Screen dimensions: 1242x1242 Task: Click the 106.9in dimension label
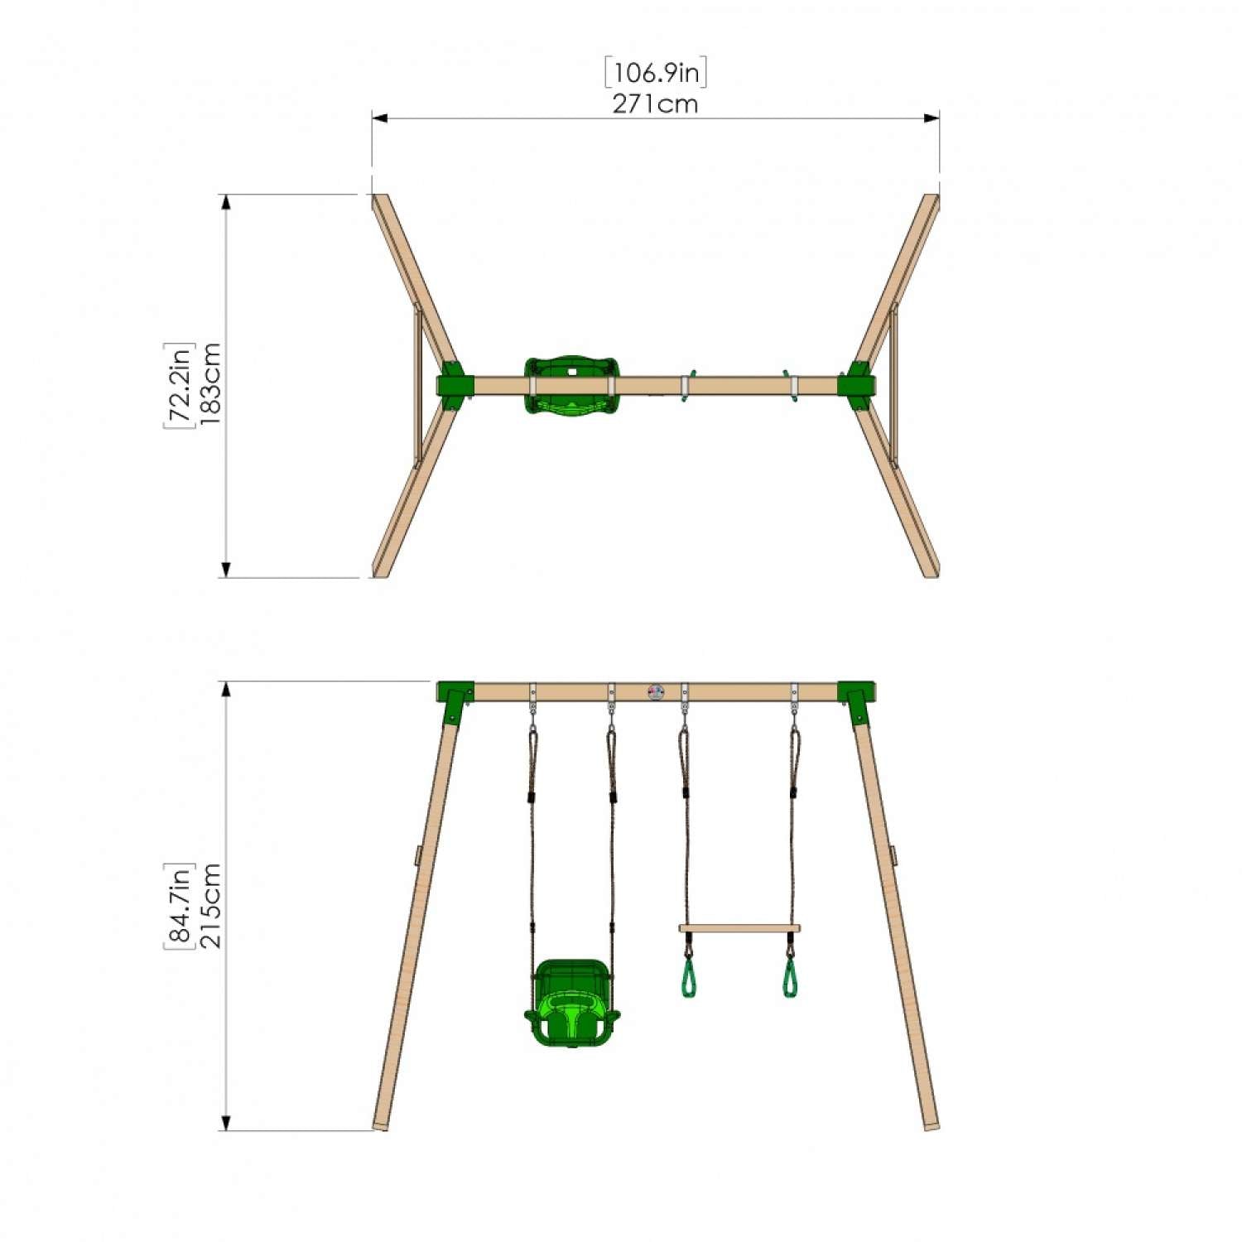pyautogui.click(x=655, y=73)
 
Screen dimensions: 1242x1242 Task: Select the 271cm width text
pyautogui.click(x=655, y=104)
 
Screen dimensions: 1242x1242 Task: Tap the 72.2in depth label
pyautogui.click(x=178, y=385)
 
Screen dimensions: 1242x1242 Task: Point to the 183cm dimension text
pyautogui.click(x=209, y=385)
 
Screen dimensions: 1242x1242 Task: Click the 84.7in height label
pyautogui.click(x=178, y=905)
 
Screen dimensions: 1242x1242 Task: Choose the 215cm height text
pyautogui.click(x=209, y=905)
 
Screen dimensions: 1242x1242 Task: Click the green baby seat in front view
pyautogui.click(x=571, y=1003)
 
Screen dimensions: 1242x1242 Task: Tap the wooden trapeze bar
pyautogui.click(x=739, y=928)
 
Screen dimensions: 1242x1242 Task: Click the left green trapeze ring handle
pyautogui.click(x=687, y=978)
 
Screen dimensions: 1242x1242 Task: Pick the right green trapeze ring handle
pyautogui.click(x=792, y=978)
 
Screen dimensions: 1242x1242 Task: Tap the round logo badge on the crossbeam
pyautogui.click(x=656, y=691)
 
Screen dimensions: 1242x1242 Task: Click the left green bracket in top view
pyautogui.click(x=455, y=386)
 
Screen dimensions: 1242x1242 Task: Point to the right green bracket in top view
pyautogui.click(x=856, y=386)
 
